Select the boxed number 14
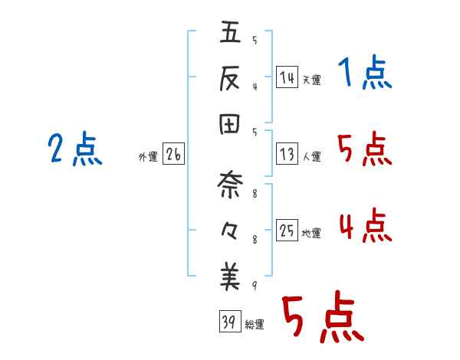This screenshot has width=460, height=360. tap(287, 77)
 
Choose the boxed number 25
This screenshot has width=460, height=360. tap(287, 231)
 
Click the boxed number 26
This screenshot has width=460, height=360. tap(173, 154)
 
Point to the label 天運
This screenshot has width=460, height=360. tap(311, 80)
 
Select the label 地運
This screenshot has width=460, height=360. tap(311, 233)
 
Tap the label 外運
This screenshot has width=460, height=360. tap(148, 156)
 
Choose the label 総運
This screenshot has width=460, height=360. tap(255, 324)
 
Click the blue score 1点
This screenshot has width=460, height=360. tap(364, 74)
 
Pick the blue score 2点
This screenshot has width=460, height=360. tap(74, 149)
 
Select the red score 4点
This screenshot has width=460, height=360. tap(365, 226)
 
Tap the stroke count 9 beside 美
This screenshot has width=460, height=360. tap(254, 286)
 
